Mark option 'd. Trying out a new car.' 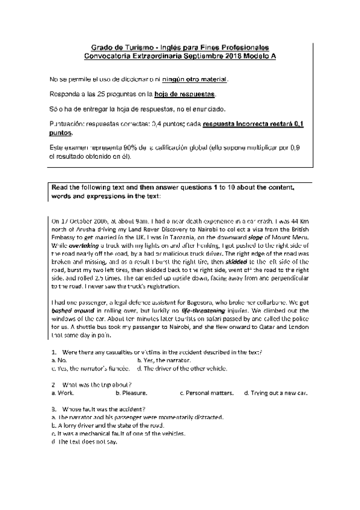coord(276,393)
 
